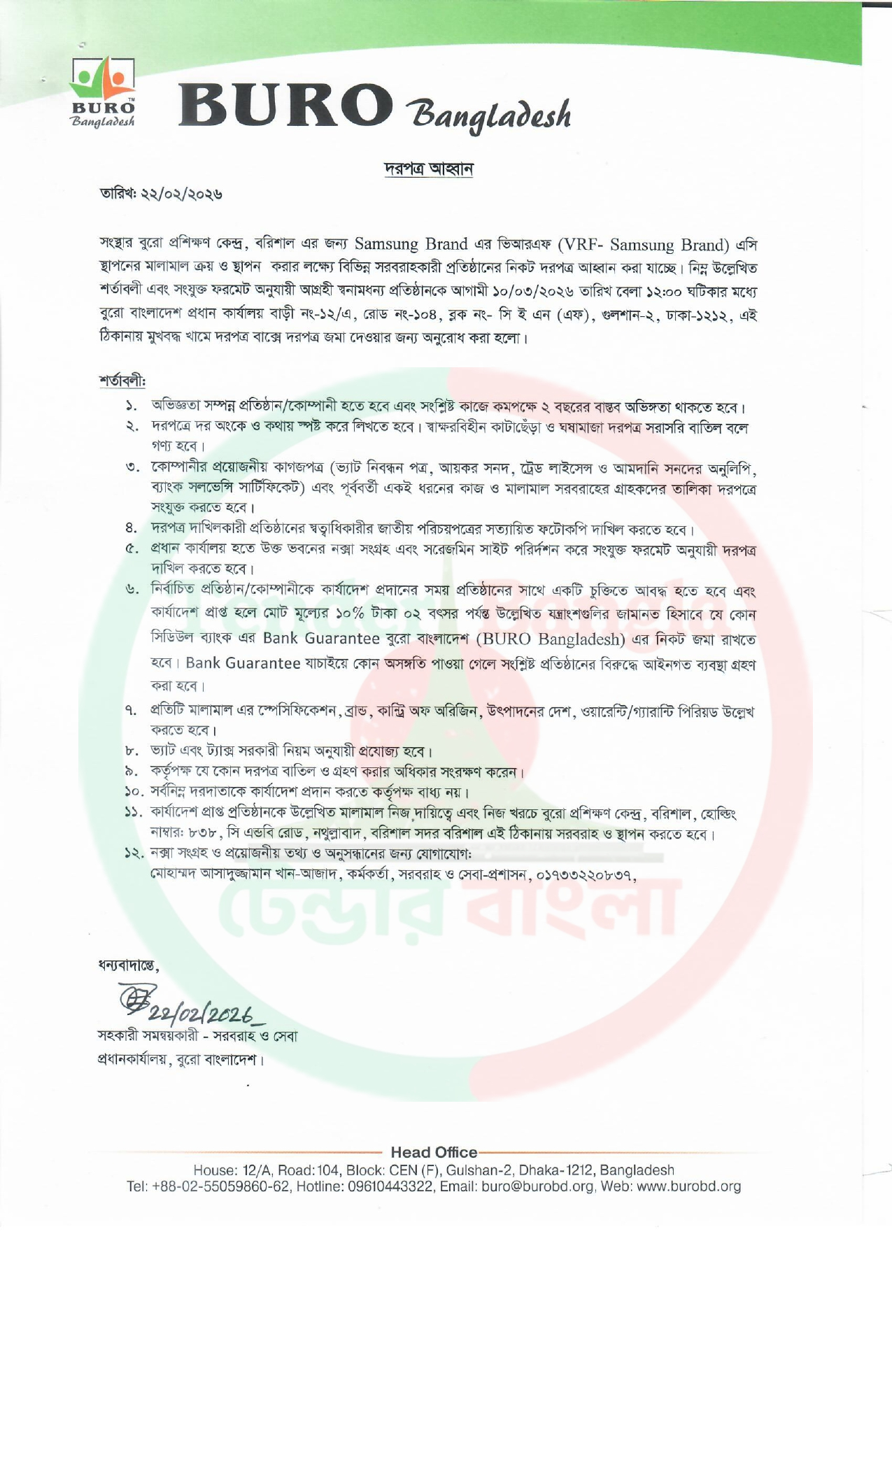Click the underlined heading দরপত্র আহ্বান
pos(429,169)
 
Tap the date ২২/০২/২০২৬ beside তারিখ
pos(183,194)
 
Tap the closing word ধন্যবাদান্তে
pos(128,967)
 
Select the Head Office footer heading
pos(434,1152)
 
